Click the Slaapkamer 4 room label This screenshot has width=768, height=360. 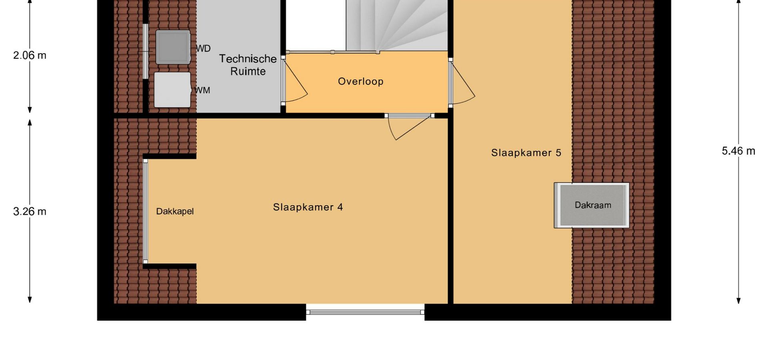(308, 207)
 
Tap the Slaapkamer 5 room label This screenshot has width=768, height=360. (526, 153)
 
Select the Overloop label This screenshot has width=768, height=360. (361, 82)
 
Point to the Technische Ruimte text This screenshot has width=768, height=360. (248, 65)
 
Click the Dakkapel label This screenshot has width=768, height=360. (175, 211)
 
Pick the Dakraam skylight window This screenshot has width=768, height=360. (592, 205)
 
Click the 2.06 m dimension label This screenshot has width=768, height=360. (30, 55)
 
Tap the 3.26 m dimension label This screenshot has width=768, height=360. (30, 211)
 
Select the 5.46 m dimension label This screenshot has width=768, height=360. (738, 151)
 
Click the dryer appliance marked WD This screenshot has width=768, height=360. (173, 47)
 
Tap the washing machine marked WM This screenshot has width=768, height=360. (172, 90)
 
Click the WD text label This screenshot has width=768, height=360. (203, 49)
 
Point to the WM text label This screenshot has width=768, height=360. (202, 90)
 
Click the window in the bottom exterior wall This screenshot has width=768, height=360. (365, 312)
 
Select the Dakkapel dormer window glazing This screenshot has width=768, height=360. (146, 211)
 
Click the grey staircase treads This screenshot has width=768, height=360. (397, 25)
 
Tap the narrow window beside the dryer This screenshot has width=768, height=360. (146, 51)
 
